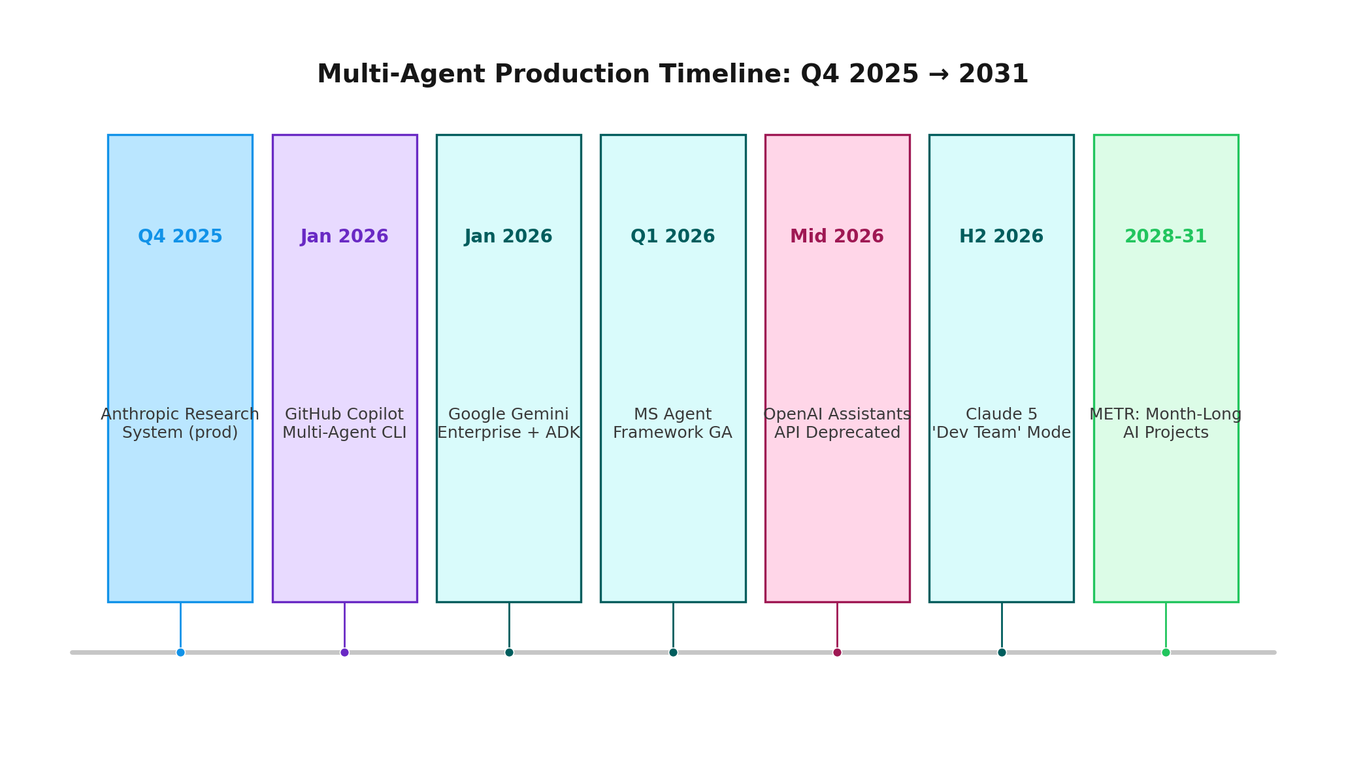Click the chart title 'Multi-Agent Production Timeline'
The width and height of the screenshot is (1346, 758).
pos(672,74)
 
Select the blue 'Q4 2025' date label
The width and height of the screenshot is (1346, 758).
pos(180,237)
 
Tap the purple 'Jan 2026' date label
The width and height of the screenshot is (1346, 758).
pos(344,237)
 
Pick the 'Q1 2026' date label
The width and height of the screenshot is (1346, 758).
pos(673,237)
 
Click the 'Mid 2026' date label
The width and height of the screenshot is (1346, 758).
pos(837,237)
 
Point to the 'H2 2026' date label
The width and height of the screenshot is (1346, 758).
pos(1002,237)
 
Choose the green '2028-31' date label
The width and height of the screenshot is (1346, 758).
pos(1166,237)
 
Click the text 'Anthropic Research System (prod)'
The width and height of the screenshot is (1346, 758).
pos(180,423)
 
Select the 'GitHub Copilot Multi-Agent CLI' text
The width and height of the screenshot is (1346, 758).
pos(344,423)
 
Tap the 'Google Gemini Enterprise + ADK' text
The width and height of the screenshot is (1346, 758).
pos(509,423)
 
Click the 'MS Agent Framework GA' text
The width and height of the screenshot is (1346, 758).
pos(673,423)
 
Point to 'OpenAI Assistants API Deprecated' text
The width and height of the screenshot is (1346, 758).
pos(837,423)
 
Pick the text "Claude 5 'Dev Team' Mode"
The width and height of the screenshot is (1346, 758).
pos(1002,423)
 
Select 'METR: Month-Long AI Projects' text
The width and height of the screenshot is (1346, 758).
pos(1166,423)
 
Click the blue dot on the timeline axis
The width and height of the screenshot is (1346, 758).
pos(180,652)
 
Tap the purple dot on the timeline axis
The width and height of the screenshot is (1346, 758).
pos(344,652)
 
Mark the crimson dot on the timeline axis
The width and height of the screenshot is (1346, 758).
pos(837,652)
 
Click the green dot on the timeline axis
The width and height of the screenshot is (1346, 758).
pos(1166,652)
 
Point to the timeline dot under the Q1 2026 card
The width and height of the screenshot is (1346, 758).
pos(673,652)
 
